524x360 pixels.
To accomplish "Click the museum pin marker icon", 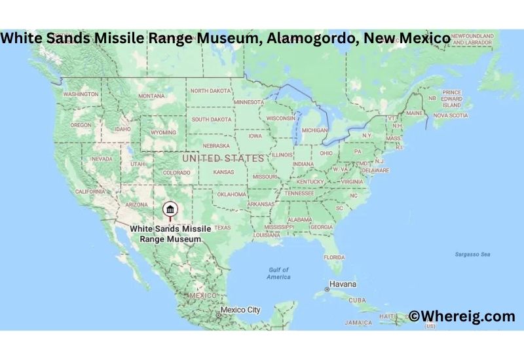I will tap(170, 209).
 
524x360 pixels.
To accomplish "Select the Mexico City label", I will tap(240, 310).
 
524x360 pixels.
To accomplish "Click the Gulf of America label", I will tap(278, 274).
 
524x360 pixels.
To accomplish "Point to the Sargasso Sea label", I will tap(474, 253).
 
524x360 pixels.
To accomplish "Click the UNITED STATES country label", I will tap(223, 158).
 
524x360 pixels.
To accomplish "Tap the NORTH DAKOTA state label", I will tap(211, 91).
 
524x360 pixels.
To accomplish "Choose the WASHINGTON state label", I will tap(81, 94).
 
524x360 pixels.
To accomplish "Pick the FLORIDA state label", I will tap(334, 257).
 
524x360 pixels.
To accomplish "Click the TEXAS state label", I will tap(223, 227).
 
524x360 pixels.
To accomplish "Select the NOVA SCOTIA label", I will tap(451, 115).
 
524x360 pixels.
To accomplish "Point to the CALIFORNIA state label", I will tap(90, 191).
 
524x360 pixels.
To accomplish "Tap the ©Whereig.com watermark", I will tap(462, 316).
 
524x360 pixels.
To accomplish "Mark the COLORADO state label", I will tap(176, 173).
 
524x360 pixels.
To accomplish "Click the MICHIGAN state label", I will tap(314, 130).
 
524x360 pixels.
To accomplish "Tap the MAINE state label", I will tap(415, 113).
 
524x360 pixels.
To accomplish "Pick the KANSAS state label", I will tap(224, 172).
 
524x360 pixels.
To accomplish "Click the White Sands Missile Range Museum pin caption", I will tap(170, 234).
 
